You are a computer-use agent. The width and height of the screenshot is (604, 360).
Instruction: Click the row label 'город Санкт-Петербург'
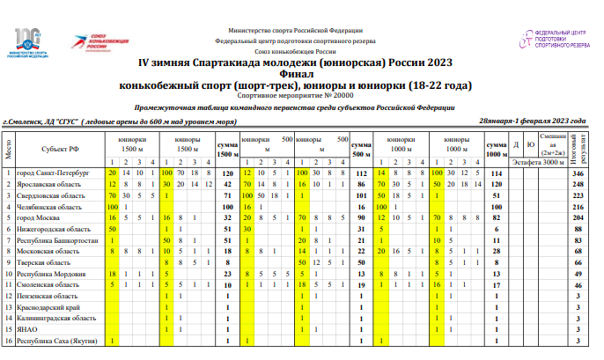coord(53,174)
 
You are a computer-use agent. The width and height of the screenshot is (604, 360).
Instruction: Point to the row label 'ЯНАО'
coord(28,328)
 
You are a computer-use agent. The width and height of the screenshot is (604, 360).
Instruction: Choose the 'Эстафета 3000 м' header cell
coord(541,162)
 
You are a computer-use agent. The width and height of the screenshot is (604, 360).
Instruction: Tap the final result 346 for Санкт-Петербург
coord(578,174)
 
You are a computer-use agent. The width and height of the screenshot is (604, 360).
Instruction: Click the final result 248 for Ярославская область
coord(578,185)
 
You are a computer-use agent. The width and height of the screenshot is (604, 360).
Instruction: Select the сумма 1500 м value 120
coord(227,174)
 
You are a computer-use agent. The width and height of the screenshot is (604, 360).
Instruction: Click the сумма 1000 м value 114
coord(496,174)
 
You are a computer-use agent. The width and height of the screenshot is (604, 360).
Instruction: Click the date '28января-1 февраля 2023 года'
coord(532,121)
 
